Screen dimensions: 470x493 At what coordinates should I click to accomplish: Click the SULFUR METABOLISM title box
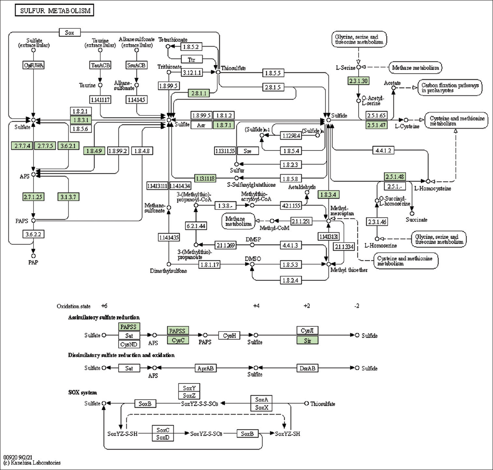pos(54,11)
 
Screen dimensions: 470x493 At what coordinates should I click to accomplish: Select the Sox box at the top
pos(70,32)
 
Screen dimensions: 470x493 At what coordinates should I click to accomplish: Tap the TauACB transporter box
pos(100,65)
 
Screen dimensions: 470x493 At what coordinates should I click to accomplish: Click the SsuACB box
pos(136,65)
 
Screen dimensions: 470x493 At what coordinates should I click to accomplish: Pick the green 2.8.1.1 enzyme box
pos(199,93)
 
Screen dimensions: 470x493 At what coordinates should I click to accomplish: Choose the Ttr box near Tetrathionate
pos(191,59)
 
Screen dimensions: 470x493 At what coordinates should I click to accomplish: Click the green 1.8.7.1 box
pos(224,125)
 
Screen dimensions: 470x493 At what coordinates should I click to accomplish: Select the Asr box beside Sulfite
pos(201,125)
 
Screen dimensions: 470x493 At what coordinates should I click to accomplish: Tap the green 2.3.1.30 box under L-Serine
pos(358,81)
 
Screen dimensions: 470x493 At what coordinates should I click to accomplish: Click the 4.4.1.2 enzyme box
pos(383,150)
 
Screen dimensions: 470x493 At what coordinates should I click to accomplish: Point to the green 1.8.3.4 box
pos(328,195)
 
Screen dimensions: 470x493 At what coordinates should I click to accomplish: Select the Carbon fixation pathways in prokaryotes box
pos(450,88)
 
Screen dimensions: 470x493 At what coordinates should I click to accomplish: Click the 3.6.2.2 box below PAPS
pos(33,234)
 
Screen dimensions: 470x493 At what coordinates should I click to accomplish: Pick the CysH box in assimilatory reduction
pos(229,335)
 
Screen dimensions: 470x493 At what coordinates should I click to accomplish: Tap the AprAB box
pos(205,368)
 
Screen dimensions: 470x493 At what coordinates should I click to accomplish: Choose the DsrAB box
pos(308,368)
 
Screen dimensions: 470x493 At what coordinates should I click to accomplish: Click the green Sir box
pos(308,341)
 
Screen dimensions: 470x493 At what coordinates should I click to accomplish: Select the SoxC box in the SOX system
pos(163,430)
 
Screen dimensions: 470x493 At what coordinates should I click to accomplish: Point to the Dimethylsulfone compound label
pos(168,271)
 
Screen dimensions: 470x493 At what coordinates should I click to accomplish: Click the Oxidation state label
pos(74,306)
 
